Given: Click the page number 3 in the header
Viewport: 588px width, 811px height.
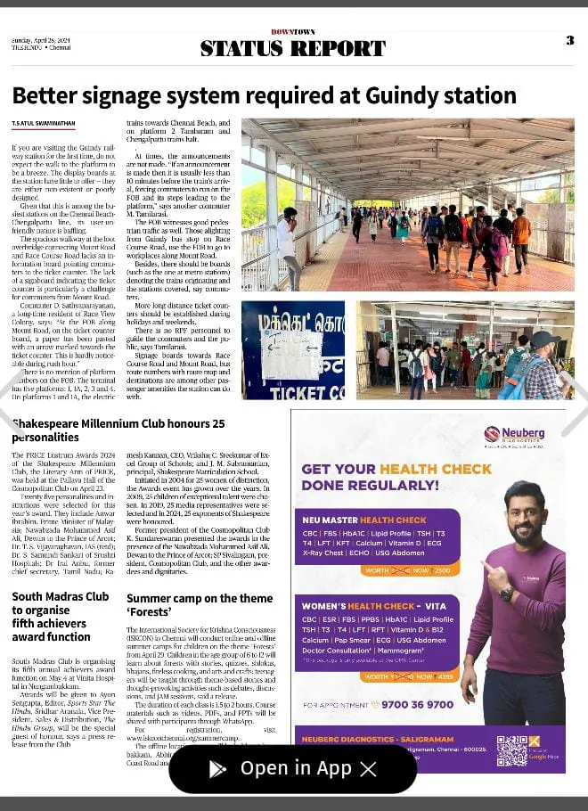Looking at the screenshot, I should click(x=569, y=40).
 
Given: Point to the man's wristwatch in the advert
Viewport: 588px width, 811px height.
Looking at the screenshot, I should click(x=507, y=594).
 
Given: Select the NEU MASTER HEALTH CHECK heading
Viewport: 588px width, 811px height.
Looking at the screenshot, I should click(x=364, y=520).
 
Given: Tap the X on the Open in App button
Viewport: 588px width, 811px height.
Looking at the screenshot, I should click(x=368, y=769).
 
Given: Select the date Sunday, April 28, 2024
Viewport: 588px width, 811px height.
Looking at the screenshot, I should click(x=41, y=41).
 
